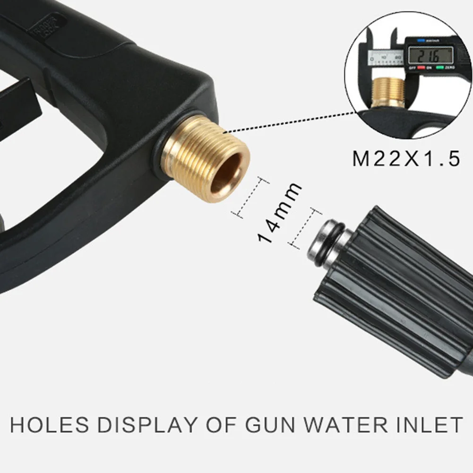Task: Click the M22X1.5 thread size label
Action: coord(406,159)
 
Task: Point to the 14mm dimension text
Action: coord(279,213)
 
